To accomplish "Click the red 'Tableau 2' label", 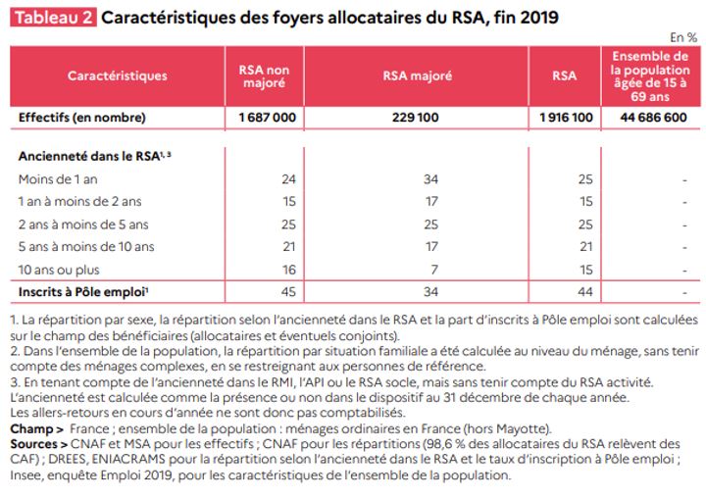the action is click(x=53, y=18).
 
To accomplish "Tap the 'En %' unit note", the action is click(x=683, y=38).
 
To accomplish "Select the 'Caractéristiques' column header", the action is click(x=117, y=75).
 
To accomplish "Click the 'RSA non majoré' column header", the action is click(x=264, y=76).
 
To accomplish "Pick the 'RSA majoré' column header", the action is click(x=418, y=75).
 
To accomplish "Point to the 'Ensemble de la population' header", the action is click(x=650, y=76).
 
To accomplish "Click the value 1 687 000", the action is click(x=268, y=118).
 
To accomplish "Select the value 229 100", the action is click(x=415, y=118).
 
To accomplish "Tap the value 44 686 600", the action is click(x=653, y=118).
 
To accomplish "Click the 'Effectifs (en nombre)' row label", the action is click(x=82, y=118).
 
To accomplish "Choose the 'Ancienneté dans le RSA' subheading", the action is click(x=94, y=156).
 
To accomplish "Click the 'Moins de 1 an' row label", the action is click(x=58, y=179).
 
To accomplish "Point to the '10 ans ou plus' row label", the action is click(x=59, y=270).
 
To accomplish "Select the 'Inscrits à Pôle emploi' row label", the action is click(x=83, y=292).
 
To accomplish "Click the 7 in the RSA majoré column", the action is click(x=434, y=270).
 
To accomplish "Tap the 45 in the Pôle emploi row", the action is click(x=288, y=292).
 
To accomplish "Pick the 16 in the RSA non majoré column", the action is click(x=289, y=270).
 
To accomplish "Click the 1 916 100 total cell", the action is click(x=566, y=118).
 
